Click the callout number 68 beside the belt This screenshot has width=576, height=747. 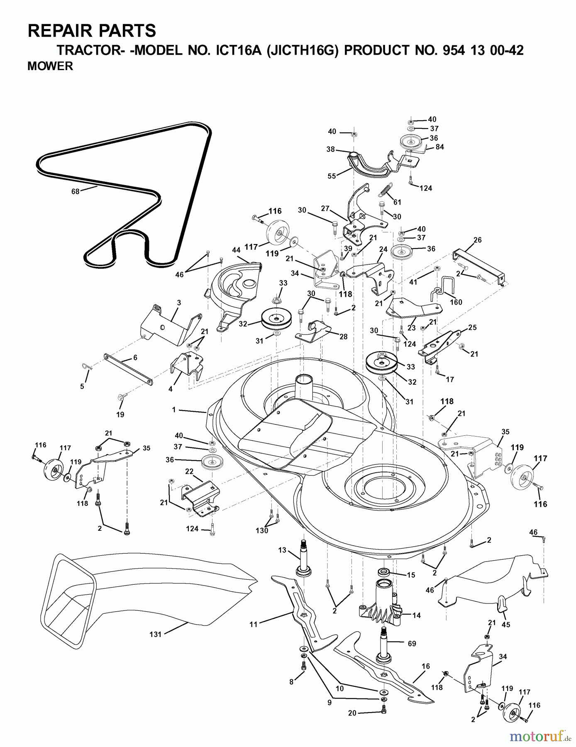point(76,191)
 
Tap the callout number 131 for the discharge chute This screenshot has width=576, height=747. point(155,635)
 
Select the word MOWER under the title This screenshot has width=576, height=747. point(50,66)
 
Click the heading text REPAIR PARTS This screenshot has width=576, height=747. point(92,31)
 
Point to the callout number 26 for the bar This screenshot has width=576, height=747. point(477,239)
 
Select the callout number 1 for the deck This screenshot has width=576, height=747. point(174,410)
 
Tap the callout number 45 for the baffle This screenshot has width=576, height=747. point(506,625)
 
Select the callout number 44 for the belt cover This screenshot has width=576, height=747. point(236,250)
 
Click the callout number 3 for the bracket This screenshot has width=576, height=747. point(178,303)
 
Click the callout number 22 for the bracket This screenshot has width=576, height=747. point(189,471)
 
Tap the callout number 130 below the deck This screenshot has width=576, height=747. point(262,530)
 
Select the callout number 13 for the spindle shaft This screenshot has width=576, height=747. point(282,550)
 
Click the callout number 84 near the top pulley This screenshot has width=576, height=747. point(439,147)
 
